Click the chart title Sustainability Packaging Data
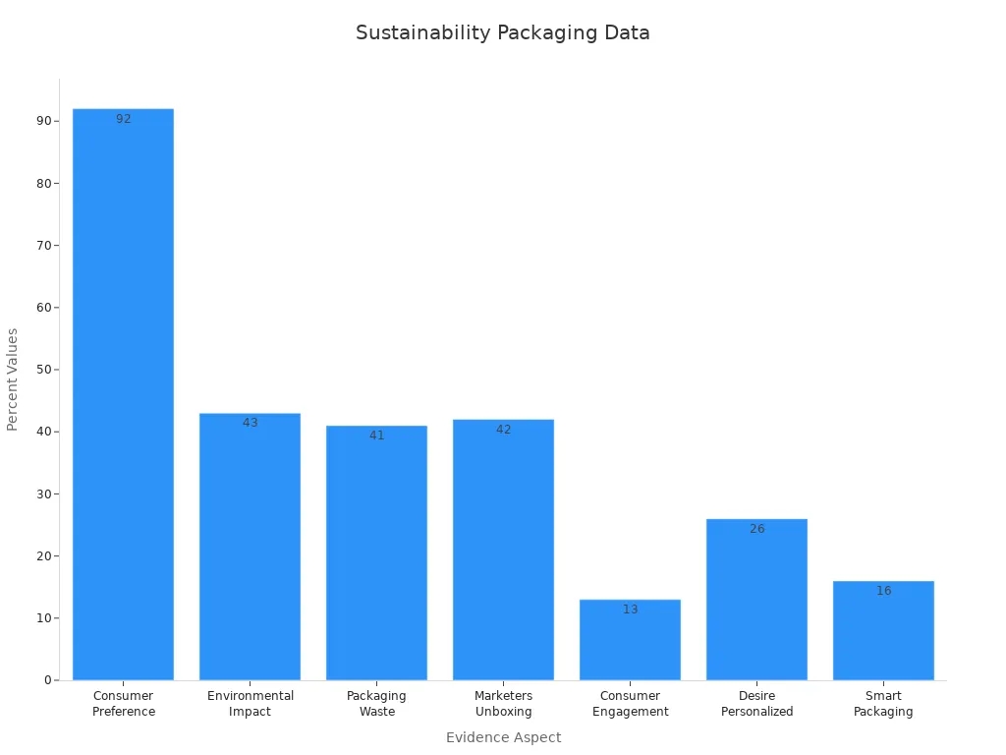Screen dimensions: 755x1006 tap(502, 32)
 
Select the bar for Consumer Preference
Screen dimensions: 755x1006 tap(123, 393)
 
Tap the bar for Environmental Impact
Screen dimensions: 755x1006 tap(250, 546)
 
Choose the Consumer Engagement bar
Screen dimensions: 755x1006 tap(630, 639)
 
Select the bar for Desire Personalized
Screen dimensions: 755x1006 tap(756, 599)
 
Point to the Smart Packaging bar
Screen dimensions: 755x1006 tap(883, 630)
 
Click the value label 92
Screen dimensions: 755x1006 tap(123, 119)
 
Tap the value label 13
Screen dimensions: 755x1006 tap(630, 610)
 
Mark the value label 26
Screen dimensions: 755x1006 tap(756, 529)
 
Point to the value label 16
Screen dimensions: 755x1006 tap(883, 591)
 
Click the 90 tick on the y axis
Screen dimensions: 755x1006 tap(42, 121)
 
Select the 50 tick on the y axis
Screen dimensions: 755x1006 tap(42, 370)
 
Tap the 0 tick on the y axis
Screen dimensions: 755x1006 tap(46, 680)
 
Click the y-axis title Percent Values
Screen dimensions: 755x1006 tap(13, 379)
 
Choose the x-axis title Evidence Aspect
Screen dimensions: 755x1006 tap(503, 737)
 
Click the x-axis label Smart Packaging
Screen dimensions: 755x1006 tap(883, 704)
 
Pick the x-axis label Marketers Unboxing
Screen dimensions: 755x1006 tap(503, 704)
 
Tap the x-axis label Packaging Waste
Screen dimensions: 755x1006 tap(376, 704)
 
